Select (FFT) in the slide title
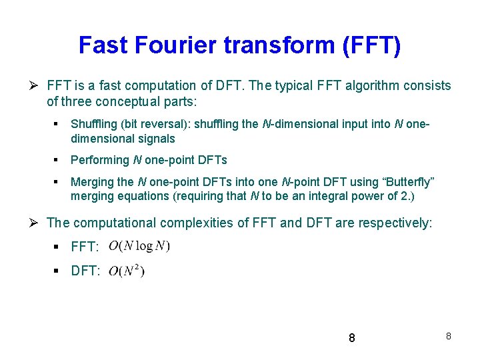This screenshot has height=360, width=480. point(371,45)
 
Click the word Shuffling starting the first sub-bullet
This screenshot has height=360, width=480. point(93,124)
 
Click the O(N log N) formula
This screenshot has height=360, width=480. point(139,246)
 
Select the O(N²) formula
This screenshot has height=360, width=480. point(126,271)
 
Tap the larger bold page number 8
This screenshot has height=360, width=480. point(352,339)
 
